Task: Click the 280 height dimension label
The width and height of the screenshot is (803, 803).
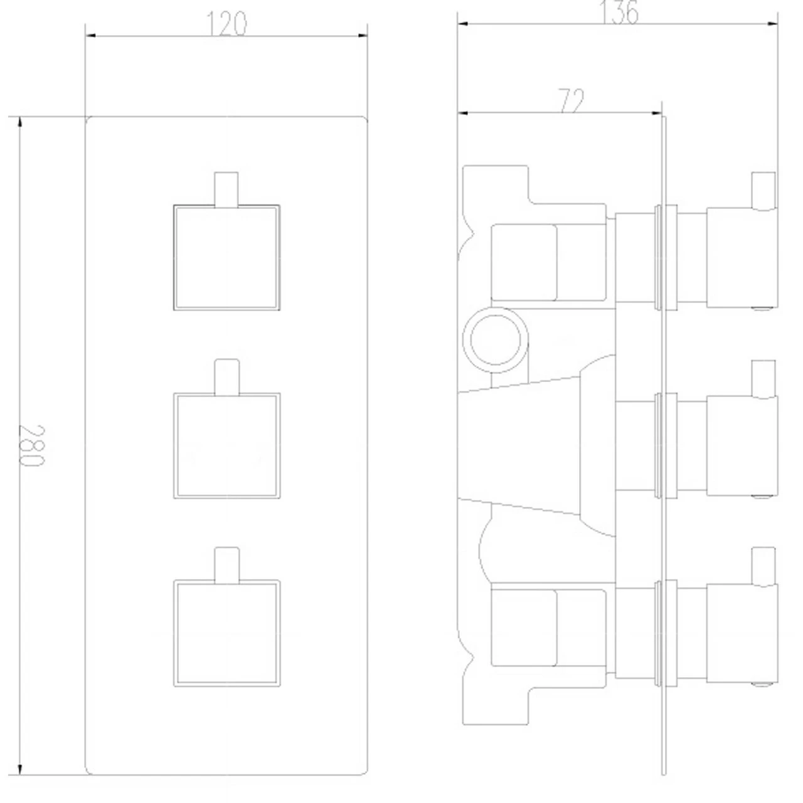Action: pos(31,445)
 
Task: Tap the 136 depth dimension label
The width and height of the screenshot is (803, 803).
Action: pos(619,13)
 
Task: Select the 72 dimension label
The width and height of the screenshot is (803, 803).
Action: pos(571,100)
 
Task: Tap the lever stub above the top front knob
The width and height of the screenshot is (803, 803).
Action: pos(226,189)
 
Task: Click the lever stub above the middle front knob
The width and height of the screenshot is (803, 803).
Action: pos(227,377)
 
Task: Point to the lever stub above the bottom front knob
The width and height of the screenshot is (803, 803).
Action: pos(227,565)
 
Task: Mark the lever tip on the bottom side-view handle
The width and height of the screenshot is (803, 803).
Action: pos(763,566)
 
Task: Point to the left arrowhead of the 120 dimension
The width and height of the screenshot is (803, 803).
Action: pos(90,36)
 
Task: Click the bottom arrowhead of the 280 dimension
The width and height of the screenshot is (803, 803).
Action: pos(19,769)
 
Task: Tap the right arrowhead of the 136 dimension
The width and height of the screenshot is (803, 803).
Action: pos(773,24)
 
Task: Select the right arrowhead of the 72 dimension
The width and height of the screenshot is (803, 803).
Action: pos(656,112)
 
